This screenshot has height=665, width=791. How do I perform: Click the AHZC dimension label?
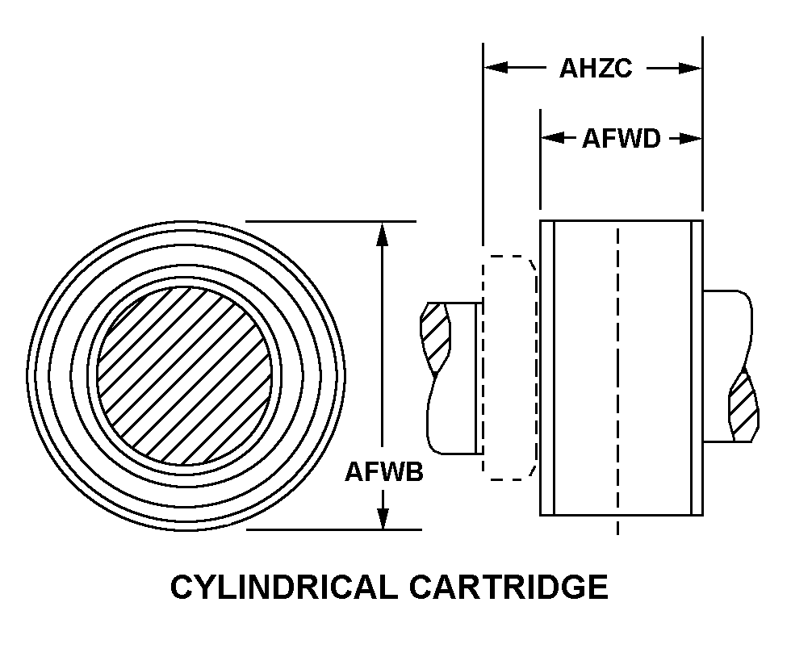(x=596, y=69)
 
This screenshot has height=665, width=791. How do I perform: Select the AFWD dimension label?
(x=621, y=139)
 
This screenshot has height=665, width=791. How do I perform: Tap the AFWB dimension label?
(x=384, y=471)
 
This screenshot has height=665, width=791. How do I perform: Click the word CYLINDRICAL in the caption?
(x=282, y=587)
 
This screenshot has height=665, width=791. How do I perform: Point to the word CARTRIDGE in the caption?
(x=508, y=587)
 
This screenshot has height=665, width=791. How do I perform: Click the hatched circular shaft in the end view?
(x=185, y=374)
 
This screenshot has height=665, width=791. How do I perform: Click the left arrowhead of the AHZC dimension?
(x=495, y=69)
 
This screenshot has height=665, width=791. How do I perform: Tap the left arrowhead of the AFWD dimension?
(x=551, y=139)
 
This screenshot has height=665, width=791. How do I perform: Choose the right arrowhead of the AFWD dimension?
(x=692, y=139)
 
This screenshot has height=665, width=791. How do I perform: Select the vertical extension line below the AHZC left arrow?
(x=483, y=161)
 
